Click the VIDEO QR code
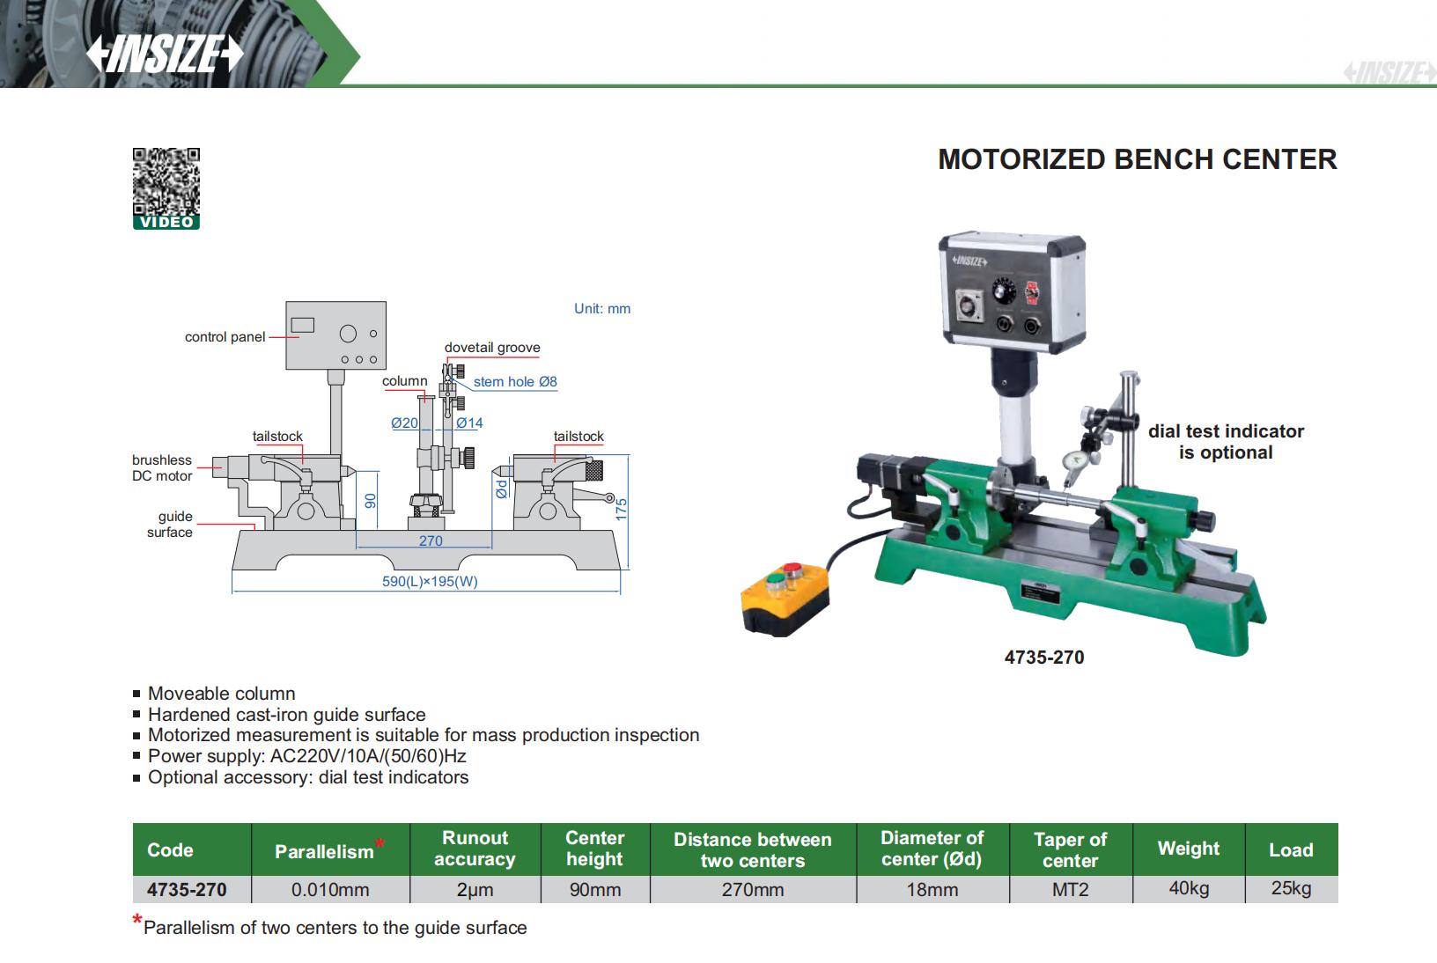(x=166, y=183)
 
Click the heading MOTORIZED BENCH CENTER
(x=1137, y=159)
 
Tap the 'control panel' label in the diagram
(x=225, y=337)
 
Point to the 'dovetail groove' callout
(x=492, y=348)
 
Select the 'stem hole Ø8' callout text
(x=515, y=382)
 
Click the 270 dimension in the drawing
(x=431, y=540)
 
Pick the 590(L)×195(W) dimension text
(x=430, y=581)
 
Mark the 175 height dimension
(x=621, y=509)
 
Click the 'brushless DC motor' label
(x=162, y=467)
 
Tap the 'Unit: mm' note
(x=602, y=309)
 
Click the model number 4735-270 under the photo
(x=1044, y=658)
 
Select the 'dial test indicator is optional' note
(x=1226, y=442)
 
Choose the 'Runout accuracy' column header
(x=475, y=849)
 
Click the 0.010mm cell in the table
(x=330, y=890)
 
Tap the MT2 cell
(x=1071, y=890)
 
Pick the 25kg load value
(x=1291, y=888)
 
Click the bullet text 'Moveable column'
(x=221, y=694)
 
